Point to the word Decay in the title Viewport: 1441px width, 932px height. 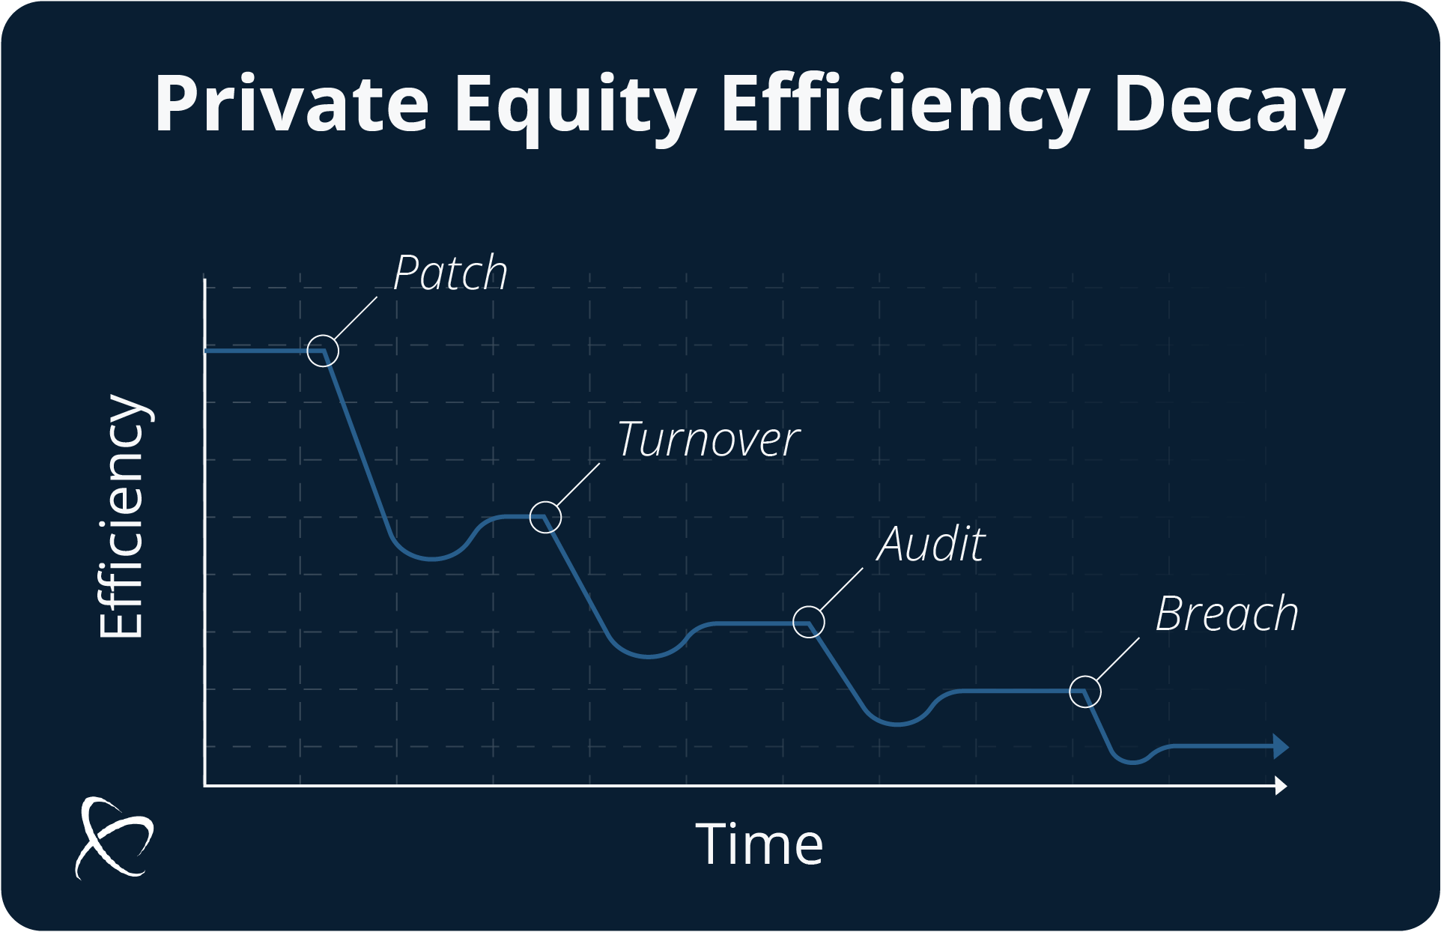(x=1229, y=109)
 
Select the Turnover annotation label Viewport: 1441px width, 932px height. (x=709, y=439)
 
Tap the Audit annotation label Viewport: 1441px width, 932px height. (x=931, y=544)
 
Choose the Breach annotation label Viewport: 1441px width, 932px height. (x=1227, y=614)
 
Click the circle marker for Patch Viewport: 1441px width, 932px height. (x=323, y=336)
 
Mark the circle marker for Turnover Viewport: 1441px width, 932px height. (x=545, y=502)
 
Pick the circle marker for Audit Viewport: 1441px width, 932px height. (x=809, y=607)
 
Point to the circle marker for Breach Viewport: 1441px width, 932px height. (x=1085, y=677)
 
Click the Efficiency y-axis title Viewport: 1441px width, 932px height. (x=122, y=517)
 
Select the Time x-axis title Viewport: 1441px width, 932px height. (x=759, y=844)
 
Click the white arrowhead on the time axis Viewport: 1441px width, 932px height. (x=1281, y=786)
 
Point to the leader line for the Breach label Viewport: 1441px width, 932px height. (x=1118, y=659)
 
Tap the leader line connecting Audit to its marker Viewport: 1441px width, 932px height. (x=842, y=590)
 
